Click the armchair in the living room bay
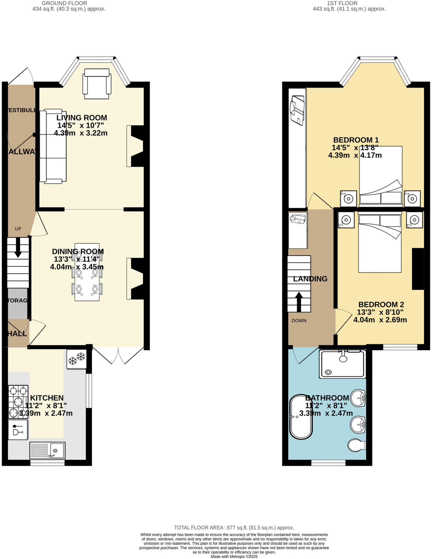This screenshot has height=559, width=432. coord(97,84)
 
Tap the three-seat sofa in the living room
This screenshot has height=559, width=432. coord(53,146)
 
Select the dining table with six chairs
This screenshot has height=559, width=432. coord(87,272)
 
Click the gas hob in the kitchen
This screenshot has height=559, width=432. coord(18,402)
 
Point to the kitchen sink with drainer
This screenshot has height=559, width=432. coord(47,450)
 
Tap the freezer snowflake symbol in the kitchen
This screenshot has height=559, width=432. coord(77,359)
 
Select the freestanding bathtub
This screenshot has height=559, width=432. coord(301,417)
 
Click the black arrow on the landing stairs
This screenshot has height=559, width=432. coord(299,302)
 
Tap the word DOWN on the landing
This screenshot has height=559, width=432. coord(299,321)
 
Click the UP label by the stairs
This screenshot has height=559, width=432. coord(18,229)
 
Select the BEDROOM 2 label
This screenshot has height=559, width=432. coord(381,304)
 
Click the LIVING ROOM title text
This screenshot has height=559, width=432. coord(82,118)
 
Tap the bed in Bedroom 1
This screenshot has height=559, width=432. coord(381,175)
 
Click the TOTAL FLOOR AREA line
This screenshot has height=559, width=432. coord(234,528)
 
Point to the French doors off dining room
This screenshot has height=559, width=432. coord(118,355)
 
